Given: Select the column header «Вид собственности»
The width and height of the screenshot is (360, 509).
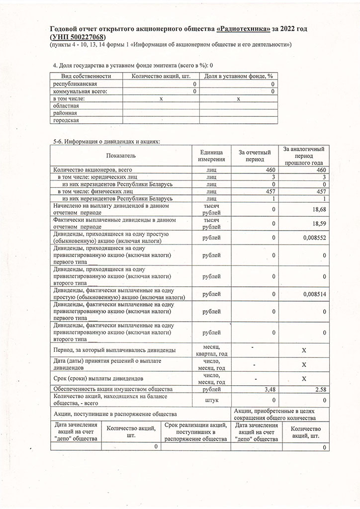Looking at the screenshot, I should pyautogui.click(x=86, y=76).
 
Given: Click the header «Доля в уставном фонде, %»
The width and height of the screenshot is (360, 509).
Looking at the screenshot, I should pyautogui.click(x=239, y=76).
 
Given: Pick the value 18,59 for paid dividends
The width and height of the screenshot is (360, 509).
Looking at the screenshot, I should pyautogui.click(x=318, y=224).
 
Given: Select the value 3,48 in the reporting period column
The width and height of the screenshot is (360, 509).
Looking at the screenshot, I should pyautogui.click(x=269, y=389).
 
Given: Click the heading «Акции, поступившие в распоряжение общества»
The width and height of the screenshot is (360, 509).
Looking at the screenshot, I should pyautogui.click(x=114, y=414).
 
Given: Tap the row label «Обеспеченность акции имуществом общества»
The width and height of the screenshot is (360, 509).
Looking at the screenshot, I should pyautogui.click(x=113, y=389).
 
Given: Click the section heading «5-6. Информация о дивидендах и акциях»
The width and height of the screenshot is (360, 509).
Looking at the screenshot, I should pyautogui.click(x=106, y=142).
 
